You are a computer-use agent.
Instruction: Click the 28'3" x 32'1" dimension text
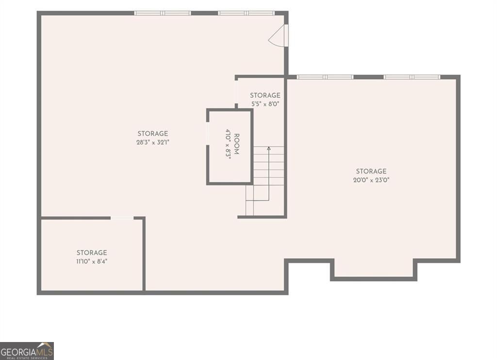[153, 142]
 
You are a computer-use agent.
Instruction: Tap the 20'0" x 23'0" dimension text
[371, 180]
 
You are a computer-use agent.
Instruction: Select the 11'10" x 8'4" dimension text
[92, 262]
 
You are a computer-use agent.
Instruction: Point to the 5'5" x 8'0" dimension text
[265, 103]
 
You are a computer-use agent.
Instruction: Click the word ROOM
[236, 144]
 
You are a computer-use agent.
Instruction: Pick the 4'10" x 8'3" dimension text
[228, 144]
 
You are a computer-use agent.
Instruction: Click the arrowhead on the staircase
[269, 148]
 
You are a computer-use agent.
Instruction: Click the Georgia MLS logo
[27, 351]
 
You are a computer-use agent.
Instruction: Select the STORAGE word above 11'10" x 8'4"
[92, 253]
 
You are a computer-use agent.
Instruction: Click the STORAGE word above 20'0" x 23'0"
[371, 171]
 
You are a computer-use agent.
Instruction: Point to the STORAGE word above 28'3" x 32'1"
[153, 134]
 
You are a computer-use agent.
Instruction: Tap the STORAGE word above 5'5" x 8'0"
[265, 95]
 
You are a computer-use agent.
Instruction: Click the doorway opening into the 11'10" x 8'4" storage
[122, 218]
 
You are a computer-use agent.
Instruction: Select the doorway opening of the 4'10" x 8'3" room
[208, 134]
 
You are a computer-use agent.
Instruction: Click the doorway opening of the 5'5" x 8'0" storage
[236, 92]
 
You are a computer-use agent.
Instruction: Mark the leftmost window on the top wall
[163, 13]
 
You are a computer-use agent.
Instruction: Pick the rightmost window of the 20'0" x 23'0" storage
[412, 77]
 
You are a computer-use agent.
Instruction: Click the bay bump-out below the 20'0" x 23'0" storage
[374, 270]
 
